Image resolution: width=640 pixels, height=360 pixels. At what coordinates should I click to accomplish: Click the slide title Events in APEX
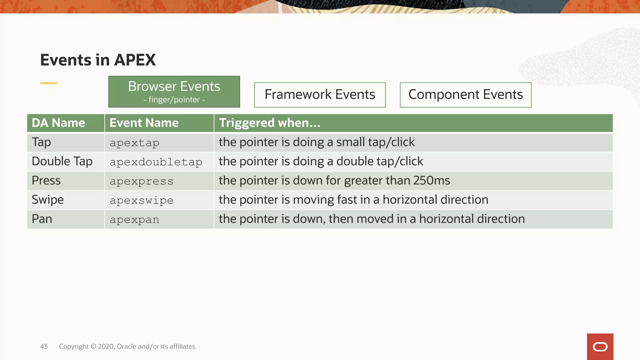click(98, 60)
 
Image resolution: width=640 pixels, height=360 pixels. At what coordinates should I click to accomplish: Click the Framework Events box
click(320, 95)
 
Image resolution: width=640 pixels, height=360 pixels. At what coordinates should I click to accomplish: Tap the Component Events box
click(465, 95)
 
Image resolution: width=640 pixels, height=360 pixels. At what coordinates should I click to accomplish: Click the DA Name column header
click(58, 123)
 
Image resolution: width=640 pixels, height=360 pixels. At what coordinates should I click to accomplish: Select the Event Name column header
click(144, 123)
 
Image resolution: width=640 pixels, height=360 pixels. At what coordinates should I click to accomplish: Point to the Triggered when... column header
click(270, 123)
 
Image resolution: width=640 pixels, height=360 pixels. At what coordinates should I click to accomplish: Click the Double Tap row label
click(62, 161)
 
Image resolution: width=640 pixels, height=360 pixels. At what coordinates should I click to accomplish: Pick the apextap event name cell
click(135, 143)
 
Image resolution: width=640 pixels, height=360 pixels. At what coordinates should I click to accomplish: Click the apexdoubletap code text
click(156, 162)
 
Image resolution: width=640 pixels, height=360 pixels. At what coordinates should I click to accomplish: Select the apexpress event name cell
click(142, 181)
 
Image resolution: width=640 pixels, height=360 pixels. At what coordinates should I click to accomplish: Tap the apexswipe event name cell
click(142, 200)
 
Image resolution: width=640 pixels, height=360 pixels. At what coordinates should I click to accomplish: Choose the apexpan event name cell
click(135, 220)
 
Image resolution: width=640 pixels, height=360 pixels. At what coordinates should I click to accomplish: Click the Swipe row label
click(48, 200)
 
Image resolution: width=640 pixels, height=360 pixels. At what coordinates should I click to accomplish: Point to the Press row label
click(46, 181)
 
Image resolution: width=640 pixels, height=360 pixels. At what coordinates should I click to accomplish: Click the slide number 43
click(44, 347)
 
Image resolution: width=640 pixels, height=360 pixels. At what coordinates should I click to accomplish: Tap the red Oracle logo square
click(600, 347)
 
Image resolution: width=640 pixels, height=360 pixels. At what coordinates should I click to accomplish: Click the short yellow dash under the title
click(49, 83)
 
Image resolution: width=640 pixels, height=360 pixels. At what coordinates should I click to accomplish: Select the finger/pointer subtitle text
click(174, 100)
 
